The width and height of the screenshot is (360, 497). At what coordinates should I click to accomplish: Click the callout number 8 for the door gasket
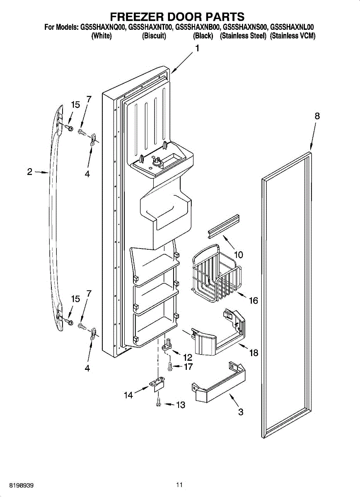point(317,117)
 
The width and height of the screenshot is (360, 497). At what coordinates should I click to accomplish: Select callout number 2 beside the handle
point(30,171)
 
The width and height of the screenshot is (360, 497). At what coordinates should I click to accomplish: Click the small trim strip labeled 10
point(224,227)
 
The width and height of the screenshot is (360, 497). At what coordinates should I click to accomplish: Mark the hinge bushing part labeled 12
point(168,345)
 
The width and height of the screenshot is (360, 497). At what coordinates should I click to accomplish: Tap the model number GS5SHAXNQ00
point(101,28)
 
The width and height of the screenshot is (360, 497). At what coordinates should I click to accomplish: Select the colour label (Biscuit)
point(154,36)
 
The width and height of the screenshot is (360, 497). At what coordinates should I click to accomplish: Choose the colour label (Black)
point(203,36)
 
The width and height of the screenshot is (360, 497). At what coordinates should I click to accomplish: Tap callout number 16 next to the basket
point(253,301)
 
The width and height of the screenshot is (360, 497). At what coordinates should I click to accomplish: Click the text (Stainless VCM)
point(292,36)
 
